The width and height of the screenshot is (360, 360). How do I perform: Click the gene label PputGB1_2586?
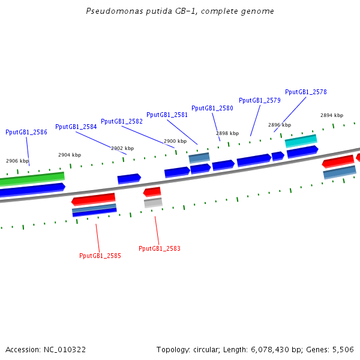26,132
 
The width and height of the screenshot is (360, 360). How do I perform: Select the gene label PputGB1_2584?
76,127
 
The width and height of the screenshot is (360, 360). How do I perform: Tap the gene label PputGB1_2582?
122,121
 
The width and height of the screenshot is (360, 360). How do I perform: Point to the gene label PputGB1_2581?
167,115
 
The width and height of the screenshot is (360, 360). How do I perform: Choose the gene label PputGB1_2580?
212,108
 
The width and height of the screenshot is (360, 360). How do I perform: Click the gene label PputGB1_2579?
260,100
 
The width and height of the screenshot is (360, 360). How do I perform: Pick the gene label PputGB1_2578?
306,92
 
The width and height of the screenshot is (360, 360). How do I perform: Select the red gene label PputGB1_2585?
100,256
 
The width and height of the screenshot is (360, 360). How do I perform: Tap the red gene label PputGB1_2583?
160,248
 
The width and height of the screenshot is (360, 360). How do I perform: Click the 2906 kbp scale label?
17,161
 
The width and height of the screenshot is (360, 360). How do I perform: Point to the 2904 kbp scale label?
70,155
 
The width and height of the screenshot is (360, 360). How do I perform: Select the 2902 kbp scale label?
122,148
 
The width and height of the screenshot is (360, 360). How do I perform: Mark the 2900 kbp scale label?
175,141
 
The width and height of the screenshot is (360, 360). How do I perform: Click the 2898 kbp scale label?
227,133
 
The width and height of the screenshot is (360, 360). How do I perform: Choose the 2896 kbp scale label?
280,125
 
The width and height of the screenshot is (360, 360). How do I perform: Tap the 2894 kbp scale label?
332,115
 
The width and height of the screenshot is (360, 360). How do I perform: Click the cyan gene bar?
301,140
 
